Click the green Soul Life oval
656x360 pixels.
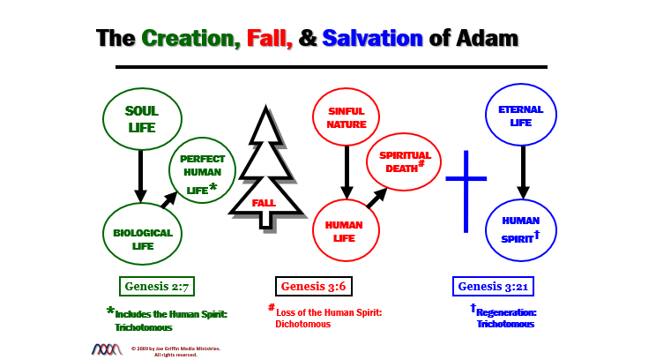click(142, 120)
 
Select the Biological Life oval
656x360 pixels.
click(143, 233)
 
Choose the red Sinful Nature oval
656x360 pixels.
click(346, 118)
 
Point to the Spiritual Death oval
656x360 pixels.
click(403, 162)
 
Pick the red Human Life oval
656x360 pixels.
click(346, 230)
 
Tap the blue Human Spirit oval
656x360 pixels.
click(521, 230)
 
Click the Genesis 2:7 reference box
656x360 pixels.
click(157, 286)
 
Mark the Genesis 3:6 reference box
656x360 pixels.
click(314, 286)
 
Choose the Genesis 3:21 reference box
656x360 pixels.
click(493, 286)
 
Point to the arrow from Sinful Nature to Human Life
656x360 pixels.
click(347, 171)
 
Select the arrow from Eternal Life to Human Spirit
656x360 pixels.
click(523, 171)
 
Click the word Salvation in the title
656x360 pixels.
click(374, 38)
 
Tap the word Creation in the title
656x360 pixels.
click(188, 38)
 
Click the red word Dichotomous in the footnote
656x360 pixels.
click(302, 325)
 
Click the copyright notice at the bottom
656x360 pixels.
click(175, 350)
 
